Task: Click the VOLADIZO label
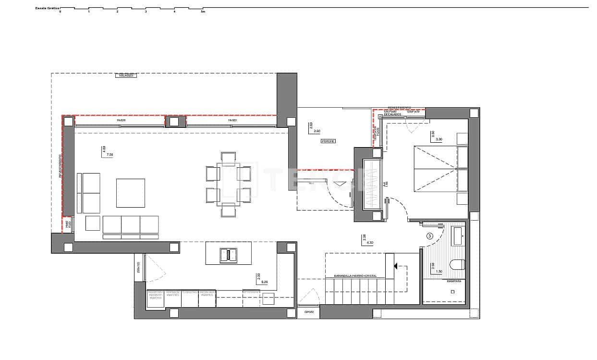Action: coord(126,75)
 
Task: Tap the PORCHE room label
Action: coord(328,141)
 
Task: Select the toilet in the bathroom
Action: coord(457,264)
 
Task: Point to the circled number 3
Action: coord(430,236)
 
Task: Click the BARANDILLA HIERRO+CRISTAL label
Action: coord(355,276)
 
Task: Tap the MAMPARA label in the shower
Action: coord(454,281)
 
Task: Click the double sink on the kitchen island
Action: coord(229,255)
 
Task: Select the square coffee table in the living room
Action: coord(131,193)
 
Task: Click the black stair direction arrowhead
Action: coord(395,265)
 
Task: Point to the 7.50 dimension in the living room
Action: coord(110,155)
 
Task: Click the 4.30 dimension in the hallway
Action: coord(370,243)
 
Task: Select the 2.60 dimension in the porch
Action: coord(317,131)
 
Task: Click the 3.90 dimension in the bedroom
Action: coord(439,139)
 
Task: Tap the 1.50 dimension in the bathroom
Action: coord(439,272)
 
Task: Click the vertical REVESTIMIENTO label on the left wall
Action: coord(61,166)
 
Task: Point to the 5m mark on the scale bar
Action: coord(203,12)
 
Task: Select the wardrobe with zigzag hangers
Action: coord(372,185)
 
